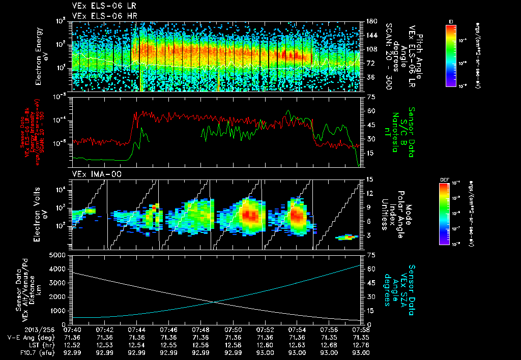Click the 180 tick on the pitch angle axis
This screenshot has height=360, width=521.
click(x=371, y=21)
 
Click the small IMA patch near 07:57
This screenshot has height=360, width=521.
click(x=346, y=237)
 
